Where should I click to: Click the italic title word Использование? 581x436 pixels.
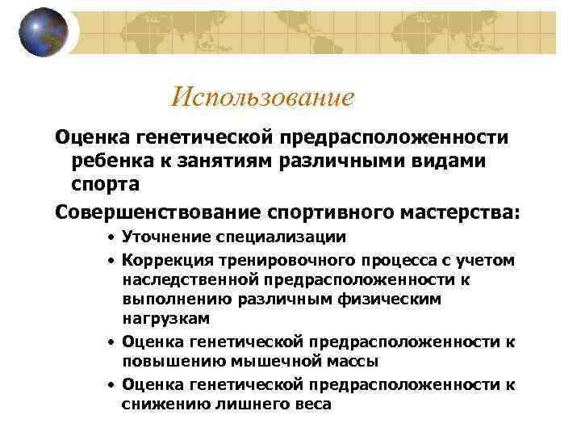pos(262,98)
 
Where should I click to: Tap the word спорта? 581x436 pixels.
pos(105,184)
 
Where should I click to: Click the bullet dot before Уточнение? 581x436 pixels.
pos(111,238)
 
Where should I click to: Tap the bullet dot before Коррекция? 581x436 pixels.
pos(111,260)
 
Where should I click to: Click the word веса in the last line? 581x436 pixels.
pos(310,404)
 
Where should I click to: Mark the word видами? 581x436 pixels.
pos(451,161)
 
